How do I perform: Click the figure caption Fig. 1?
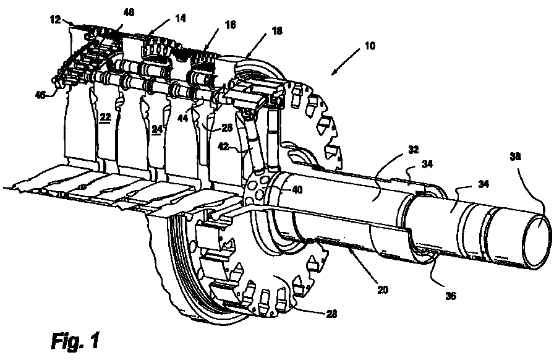[x=75, y=340]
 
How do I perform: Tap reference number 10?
[x=370, y=46]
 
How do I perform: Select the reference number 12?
[x=56, y=19]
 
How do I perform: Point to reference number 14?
[x=180, y=19]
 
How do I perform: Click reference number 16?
[x=231, y=25]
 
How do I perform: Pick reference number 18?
[x=278, y=31]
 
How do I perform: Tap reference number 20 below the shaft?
[x=383, y=289]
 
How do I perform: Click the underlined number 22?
[x=105, y=117]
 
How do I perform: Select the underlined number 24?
[x=157, y=129]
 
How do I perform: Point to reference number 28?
[x=331, y=314]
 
